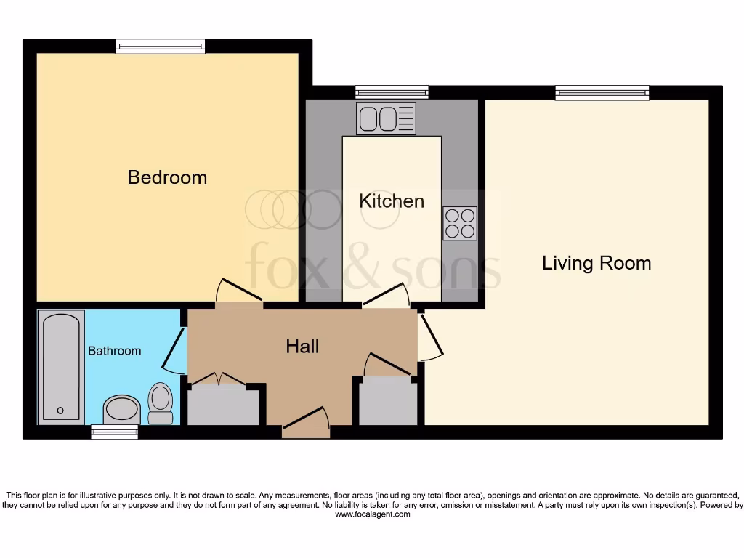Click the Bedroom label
click(167, 177)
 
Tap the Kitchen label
click(392, 201)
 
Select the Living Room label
click(597, 263)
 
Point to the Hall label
click(302, 347)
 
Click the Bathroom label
click(114, 351)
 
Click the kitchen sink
click(386, 118)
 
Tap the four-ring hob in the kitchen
click(460, 223)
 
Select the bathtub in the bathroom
click(60, 366)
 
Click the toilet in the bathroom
click(160, 403)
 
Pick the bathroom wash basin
click(121, 410)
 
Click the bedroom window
click(160, 46)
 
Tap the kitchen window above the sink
click(392, 92)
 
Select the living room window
click(602, 92)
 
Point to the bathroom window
click(114, 432)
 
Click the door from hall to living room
click(429, 336)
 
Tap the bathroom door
click(173, 349)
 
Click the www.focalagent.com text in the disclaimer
click(372, 514)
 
